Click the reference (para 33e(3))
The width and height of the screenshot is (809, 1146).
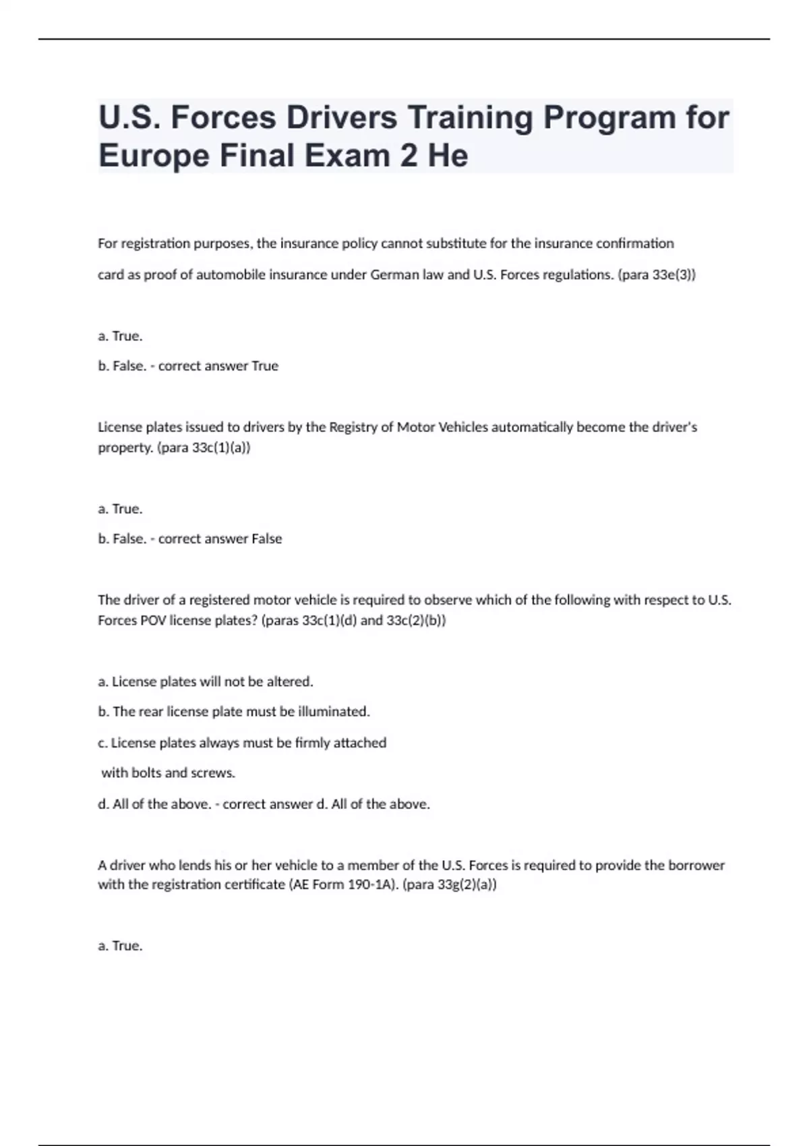click(657, 275)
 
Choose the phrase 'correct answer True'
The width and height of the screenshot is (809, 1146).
click(218, 366)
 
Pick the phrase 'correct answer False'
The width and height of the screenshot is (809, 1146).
click(220, 539)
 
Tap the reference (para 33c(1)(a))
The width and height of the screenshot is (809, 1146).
click(204, 448)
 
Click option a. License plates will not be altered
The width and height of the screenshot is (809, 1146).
click(206, 682)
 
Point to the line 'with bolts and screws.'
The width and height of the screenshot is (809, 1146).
click(168, 773)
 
